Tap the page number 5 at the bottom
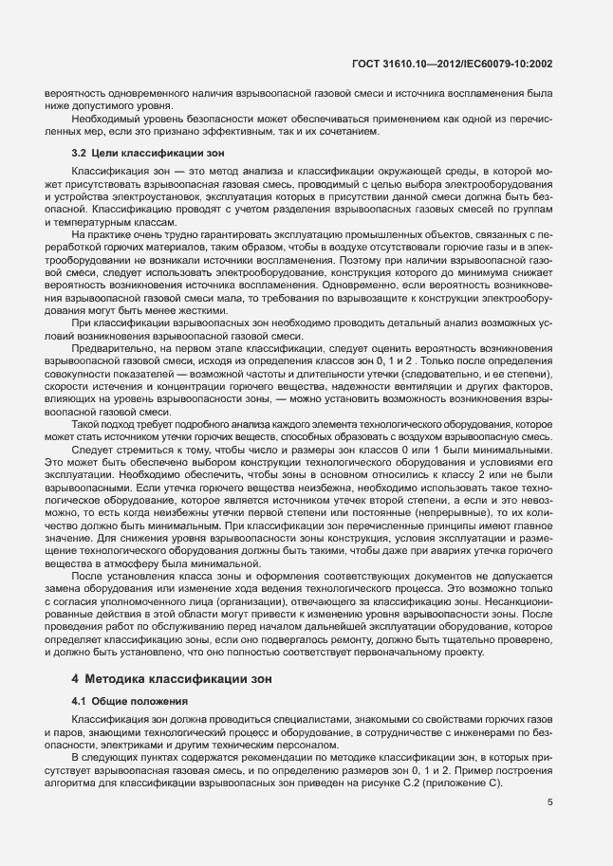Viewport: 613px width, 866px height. pos(550,802)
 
